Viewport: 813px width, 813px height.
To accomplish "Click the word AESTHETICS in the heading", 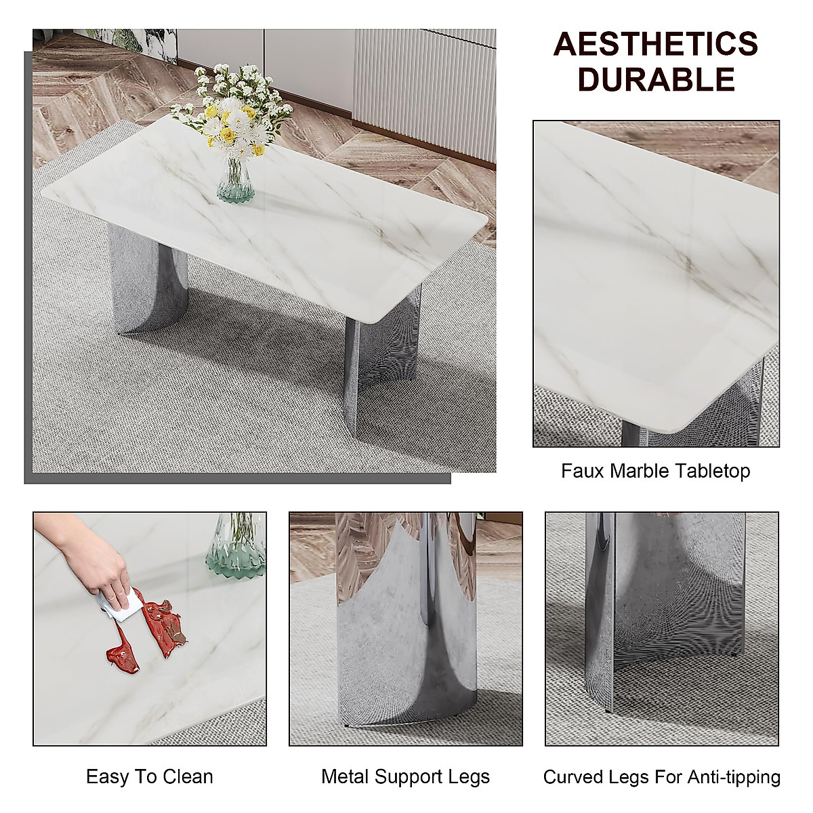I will tap(655, 45).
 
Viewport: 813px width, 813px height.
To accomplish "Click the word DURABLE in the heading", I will tap(655, 79).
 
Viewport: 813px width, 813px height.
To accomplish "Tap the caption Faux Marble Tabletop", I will tap(655, 471).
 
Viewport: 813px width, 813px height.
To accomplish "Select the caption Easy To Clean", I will tap(149, 776).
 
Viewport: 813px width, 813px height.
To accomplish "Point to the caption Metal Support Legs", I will tap(405, 776).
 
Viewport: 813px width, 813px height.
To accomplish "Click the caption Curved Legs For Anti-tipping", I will tap(661, 776).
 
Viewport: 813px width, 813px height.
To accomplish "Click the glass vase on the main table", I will tap(234, 180).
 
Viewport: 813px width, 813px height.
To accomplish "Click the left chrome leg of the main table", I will tap(139, 278).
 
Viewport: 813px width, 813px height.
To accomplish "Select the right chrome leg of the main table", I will tap(383, 352).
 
